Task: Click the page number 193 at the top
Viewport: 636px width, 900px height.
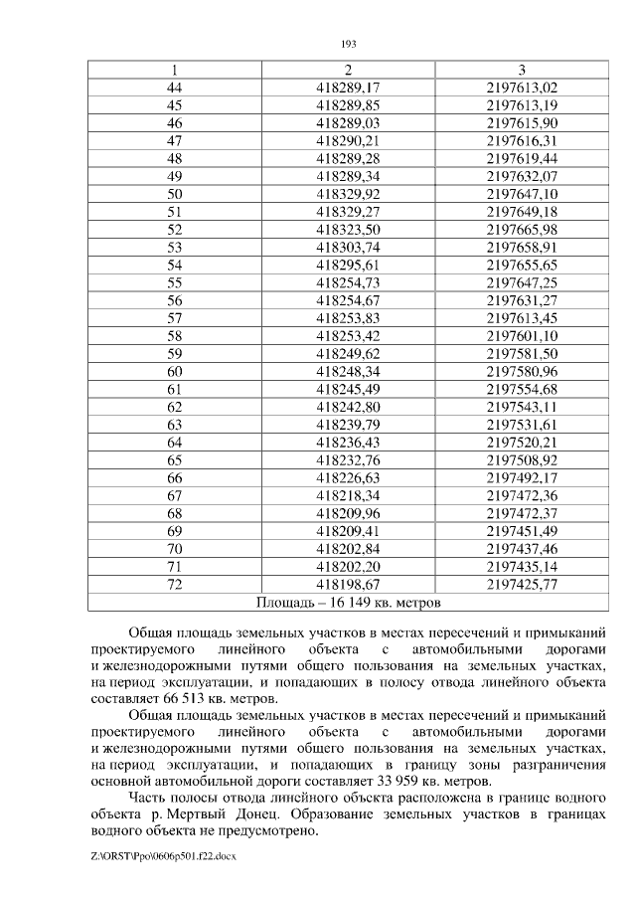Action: click(348, 44)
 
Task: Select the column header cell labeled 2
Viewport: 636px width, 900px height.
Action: click(348, 70)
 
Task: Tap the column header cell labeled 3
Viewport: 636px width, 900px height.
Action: click(522, 70)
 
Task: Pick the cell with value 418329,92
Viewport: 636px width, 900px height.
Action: click(348, 194)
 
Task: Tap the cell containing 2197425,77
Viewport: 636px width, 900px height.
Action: click(522, 585)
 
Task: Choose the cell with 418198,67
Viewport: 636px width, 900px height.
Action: click(348, 585)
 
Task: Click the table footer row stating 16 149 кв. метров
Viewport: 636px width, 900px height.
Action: click(348, 603)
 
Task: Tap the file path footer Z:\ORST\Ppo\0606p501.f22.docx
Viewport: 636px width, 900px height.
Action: click(160, 854)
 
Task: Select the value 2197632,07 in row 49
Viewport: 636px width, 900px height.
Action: click(522, 176)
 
